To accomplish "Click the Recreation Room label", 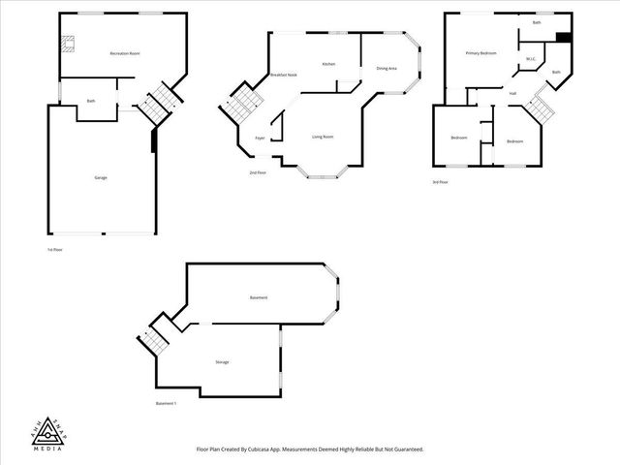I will (125, 53).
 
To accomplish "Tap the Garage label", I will (101, 178).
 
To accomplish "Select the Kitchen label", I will (328, 64).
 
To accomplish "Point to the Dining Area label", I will (387, 68).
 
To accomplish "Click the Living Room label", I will (323, 137).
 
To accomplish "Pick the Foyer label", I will (260, 139).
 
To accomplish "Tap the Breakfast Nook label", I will (284, 75).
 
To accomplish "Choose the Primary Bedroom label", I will (480, 53).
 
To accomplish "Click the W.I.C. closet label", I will (531, 59).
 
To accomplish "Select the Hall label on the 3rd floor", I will (511, 93).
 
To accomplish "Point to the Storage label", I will (222, 361).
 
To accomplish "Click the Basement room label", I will (258, 297).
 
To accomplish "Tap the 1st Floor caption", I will (54, 249).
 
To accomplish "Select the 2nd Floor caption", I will (258, 172).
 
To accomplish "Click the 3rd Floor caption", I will (440, 181).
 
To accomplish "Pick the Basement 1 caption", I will (166, 403).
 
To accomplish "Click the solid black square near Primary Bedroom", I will (562, 38).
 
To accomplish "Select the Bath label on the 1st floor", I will (91, 101).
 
